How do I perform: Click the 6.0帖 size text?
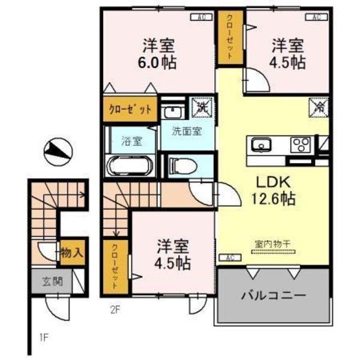160,63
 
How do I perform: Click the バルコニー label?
274,296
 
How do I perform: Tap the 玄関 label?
51,280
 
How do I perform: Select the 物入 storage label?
71,253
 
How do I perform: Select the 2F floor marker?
115,310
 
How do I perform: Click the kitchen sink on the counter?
262,145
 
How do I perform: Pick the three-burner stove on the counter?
300,145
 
